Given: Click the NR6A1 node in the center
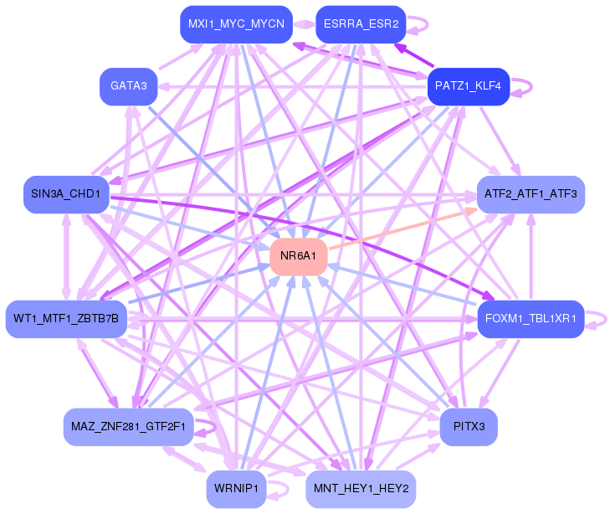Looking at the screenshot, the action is click(298, 255).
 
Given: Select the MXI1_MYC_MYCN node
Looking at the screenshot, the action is click(235, 24).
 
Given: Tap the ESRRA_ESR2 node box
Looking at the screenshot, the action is click(361, 24).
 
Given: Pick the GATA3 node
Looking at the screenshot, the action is click(128, 85).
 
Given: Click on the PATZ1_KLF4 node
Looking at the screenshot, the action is click(468, 86).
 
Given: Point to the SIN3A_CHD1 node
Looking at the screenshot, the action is click(65, 194).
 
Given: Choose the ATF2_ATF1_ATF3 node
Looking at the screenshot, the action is click(531, 194).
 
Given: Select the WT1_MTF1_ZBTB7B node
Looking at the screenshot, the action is click(66, 318).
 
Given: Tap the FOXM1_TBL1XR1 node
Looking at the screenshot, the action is click(531, 318).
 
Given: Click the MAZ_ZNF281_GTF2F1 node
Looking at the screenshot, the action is click(128, 427).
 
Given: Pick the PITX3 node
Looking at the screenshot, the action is click(468, 427).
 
